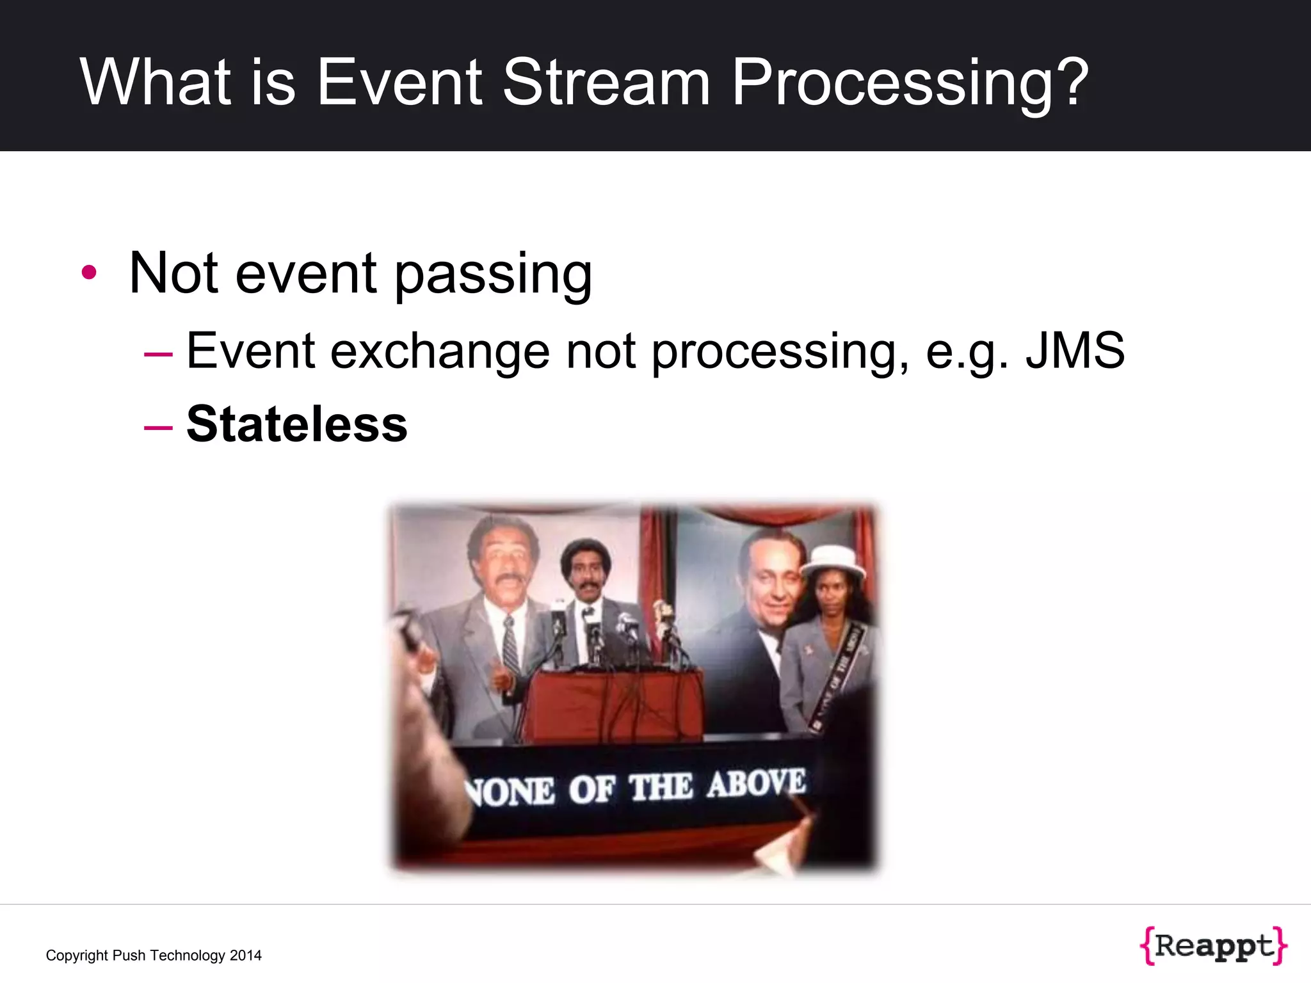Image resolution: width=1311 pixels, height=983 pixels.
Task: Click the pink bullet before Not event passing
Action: [x=89, y=273]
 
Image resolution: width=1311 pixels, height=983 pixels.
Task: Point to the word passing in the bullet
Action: [x=493, y=275]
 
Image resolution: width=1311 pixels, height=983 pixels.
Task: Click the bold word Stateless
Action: [x=296, y=424]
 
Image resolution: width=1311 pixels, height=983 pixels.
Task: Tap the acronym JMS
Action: [x=1075, y=351]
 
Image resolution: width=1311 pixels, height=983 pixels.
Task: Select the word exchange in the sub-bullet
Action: [x=440, y=352]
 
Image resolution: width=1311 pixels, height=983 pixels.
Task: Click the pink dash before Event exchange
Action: [x=158, y=353]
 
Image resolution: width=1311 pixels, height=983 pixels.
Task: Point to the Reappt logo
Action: [x=1213, y=946]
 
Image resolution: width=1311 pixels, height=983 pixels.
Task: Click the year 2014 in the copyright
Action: [x=246, y=955]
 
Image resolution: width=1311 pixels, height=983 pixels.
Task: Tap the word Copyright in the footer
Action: [x=77, y=955]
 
